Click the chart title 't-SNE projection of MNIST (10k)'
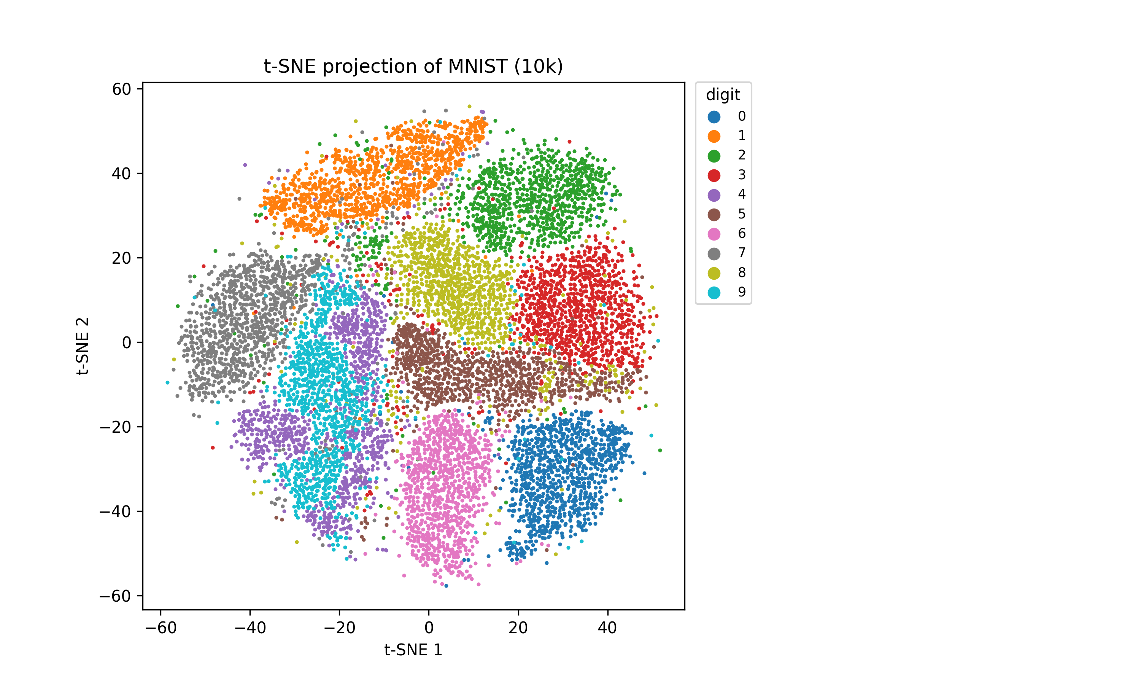coord(413,67)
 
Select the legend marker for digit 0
coord(714,117)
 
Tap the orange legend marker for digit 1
coord(714,136)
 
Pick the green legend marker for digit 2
coord(714,156)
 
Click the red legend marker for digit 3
coord(714,175)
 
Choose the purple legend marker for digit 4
coord(714,195)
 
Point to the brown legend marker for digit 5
coord(714,215)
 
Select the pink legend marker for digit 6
coord(714,234)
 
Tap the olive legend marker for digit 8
coord(714,273)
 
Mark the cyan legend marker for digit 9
coord(714,293)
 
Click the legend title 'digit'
coord(723,95)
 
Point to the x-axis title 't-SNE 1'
coord(413,650)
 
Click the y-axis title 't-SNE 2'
coord(83,346)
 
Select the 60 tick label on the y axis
coord(122,89)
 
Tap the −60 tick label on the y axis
coord(115,596)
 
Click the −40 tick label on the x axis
coord(250,628)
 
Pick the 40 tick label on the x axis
coord(607,628)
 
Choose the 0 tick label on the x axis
coord(429,628)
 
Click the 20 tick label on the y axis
coord(122,258)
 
